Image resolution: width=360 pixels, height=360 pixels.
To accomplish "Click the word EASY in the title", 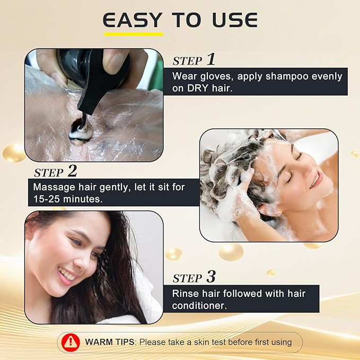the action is (132, 20).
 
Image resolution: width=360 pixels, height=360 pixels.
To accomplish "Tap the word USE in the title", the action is (235, 20).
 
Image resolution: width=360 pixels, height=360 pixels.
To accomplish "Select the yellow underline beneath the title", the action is (134, 34).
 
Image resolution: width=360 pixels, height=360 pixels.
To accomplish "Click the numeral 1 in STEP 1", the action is (211, 59).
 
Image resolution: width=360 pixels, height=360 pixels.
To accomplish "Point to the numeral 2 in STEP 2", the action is (72, 171).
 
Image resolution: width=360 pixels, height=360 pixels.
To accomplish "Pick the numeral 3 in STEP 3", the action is (211, 276).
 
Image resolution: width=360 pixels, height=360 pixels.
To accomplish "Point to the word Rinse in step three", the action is (185, 294).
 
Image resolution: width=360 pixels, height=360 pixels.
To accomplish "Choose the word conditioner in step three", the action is (199, 306).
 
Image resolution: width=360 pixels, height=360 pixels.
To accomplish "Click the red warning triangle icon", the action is (71, 343).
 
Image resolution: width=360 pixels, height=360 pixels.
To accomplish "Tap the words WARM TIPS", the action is (110, 342).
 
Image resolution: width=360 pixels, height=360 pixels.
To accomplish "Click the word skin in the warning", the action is (201, 342).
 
